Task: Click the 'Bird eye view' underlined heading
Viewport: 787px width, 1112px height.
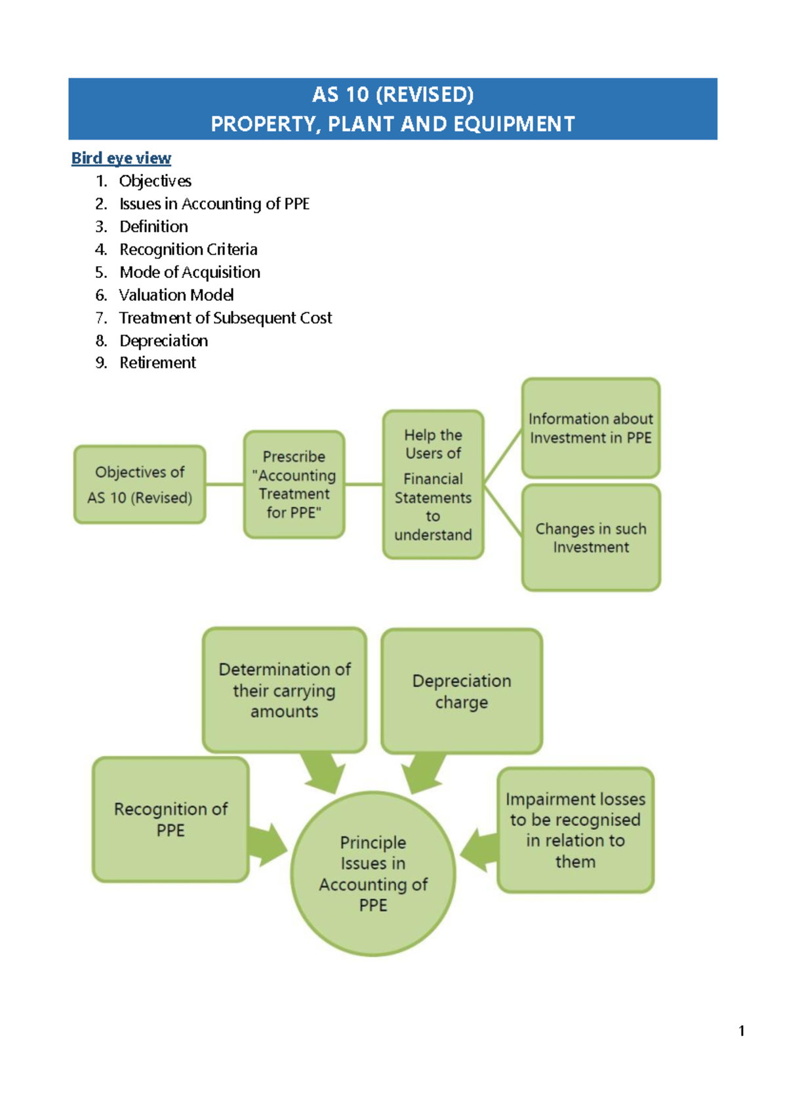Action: (x=121, y=158)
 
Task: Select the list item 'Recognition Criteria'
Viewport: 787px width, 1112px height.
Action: (x=188, y=249)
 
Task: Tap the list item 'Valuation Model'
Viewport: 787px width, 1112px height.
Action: (x=176, y=295)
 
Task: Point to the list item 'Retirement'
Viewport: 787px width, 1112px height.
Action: (x=157, y=363)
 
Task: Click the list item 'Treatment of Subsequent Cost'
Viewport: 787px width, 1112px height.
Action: (x=225, y=318)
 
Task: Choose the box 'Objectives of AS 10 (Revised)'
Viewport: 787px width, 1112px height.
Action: (x=140, y=485)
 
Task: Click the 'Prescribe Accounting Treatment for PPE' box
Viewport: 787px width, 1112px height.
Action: (x=294, y=485)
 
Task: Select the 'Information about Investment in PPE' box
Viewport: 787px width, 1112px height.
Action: (x=590, y=427)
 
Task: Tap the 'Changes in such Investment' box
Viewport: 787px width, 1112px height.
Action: (x=590, y=538)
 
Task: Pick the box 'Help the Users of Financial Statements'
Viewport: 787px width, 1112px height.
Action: (x=433, y=485)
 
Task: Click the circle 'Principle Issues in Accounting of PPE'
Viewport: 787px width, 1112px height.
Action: (x=373, y=873)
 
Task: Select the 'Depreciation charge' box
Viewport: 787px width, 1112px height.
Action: (x=462, y=691)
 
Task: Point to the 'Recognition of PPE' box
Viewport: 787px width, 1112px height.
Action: (x=171, y=819)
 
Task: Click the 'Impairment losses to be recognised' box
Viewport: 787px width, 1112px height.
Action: (x=575, y=829)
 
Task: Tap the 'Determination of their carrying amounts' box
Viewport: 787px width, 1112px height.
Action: (x=284, y=690)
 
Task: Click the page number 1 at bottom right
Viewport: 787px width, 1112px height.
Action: (x=741, y=1031)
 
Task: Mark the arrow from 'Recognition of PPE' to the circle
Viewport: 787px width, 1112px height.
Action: (x=268, y=845)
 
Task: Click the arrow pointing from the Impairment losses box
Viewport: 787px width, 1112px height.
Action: (x=479, y=850)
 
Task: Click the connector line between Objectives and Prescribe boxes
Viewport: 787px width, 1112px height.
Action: (x=224, y=485)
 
